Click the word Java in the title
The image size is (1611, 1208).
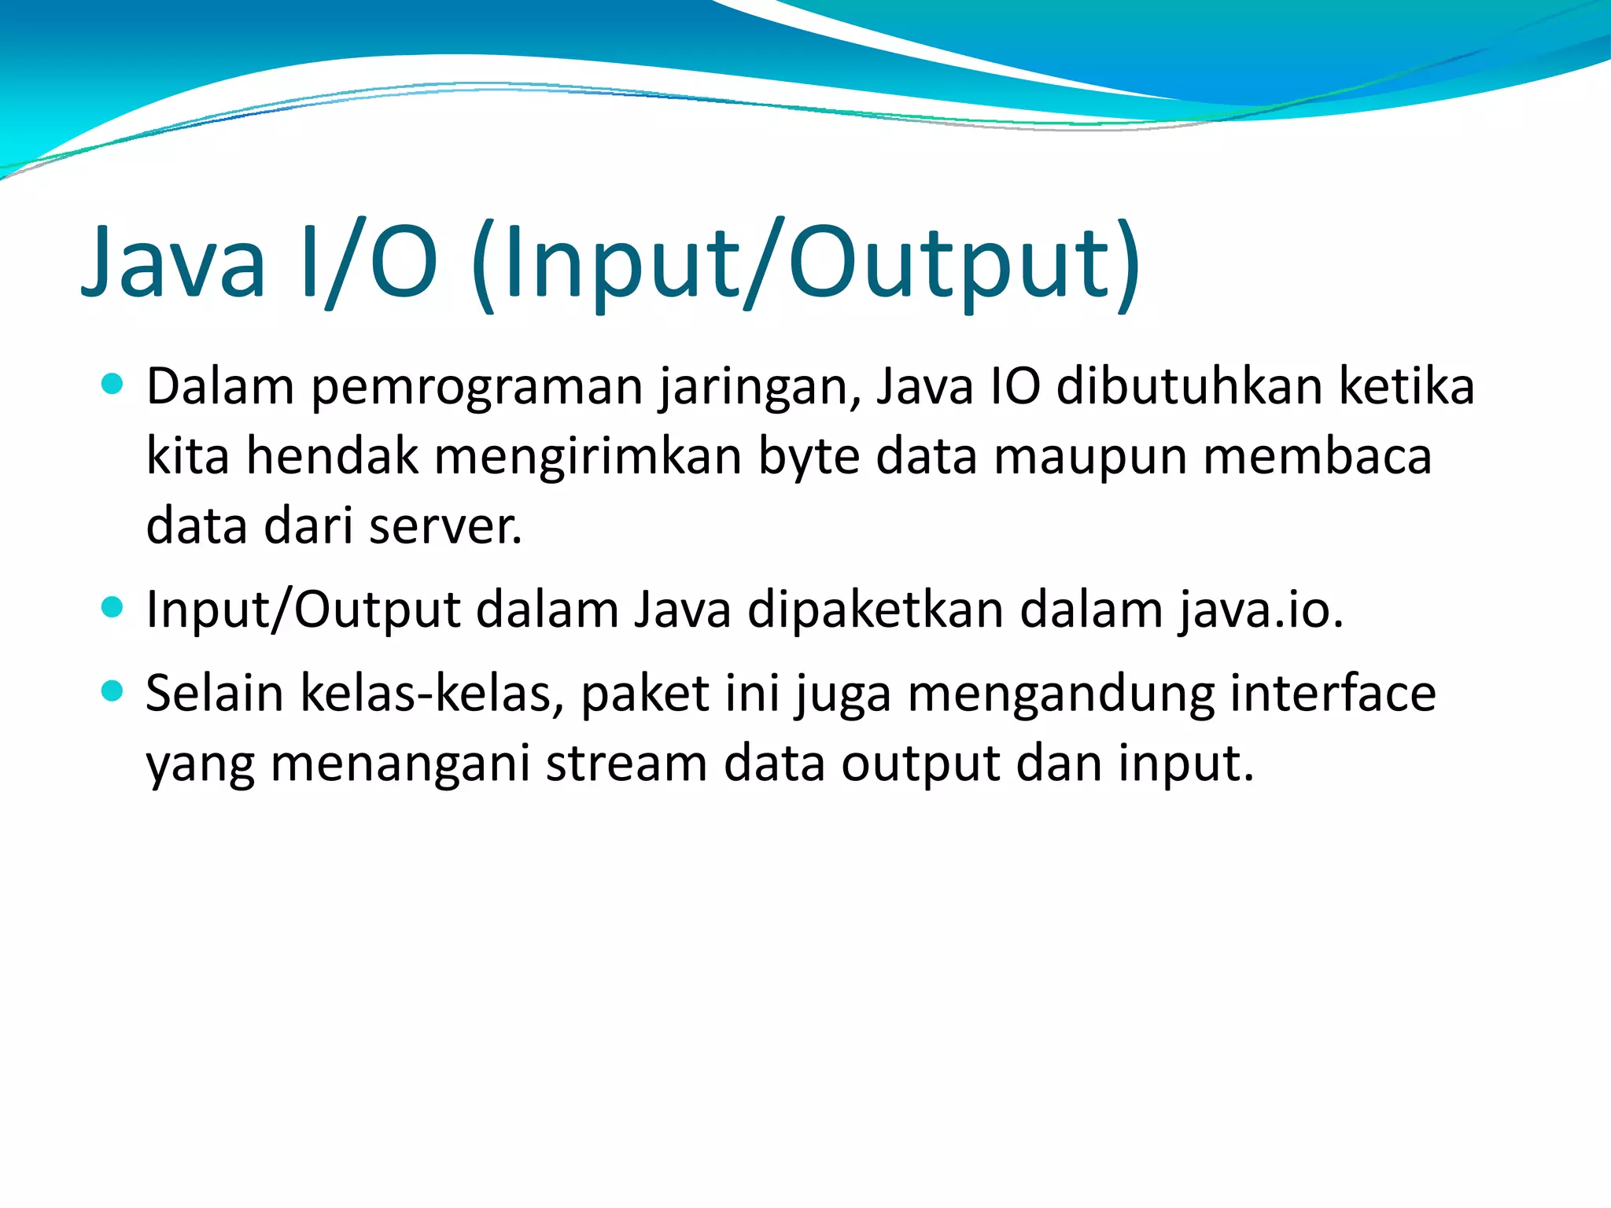[x=174, y=262]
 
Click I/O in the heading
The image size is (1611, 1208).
[x=369, y=262]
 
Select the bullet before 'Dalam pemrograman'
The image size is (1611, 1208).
[x=113, y=384]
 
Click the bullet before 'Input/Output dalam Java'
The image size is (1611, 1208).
[x=113, y=607]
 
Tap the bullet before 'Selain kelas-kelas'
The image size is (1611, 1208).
[x=113, y=691]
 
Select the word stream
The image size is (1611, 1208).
[x=626, y=764]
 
